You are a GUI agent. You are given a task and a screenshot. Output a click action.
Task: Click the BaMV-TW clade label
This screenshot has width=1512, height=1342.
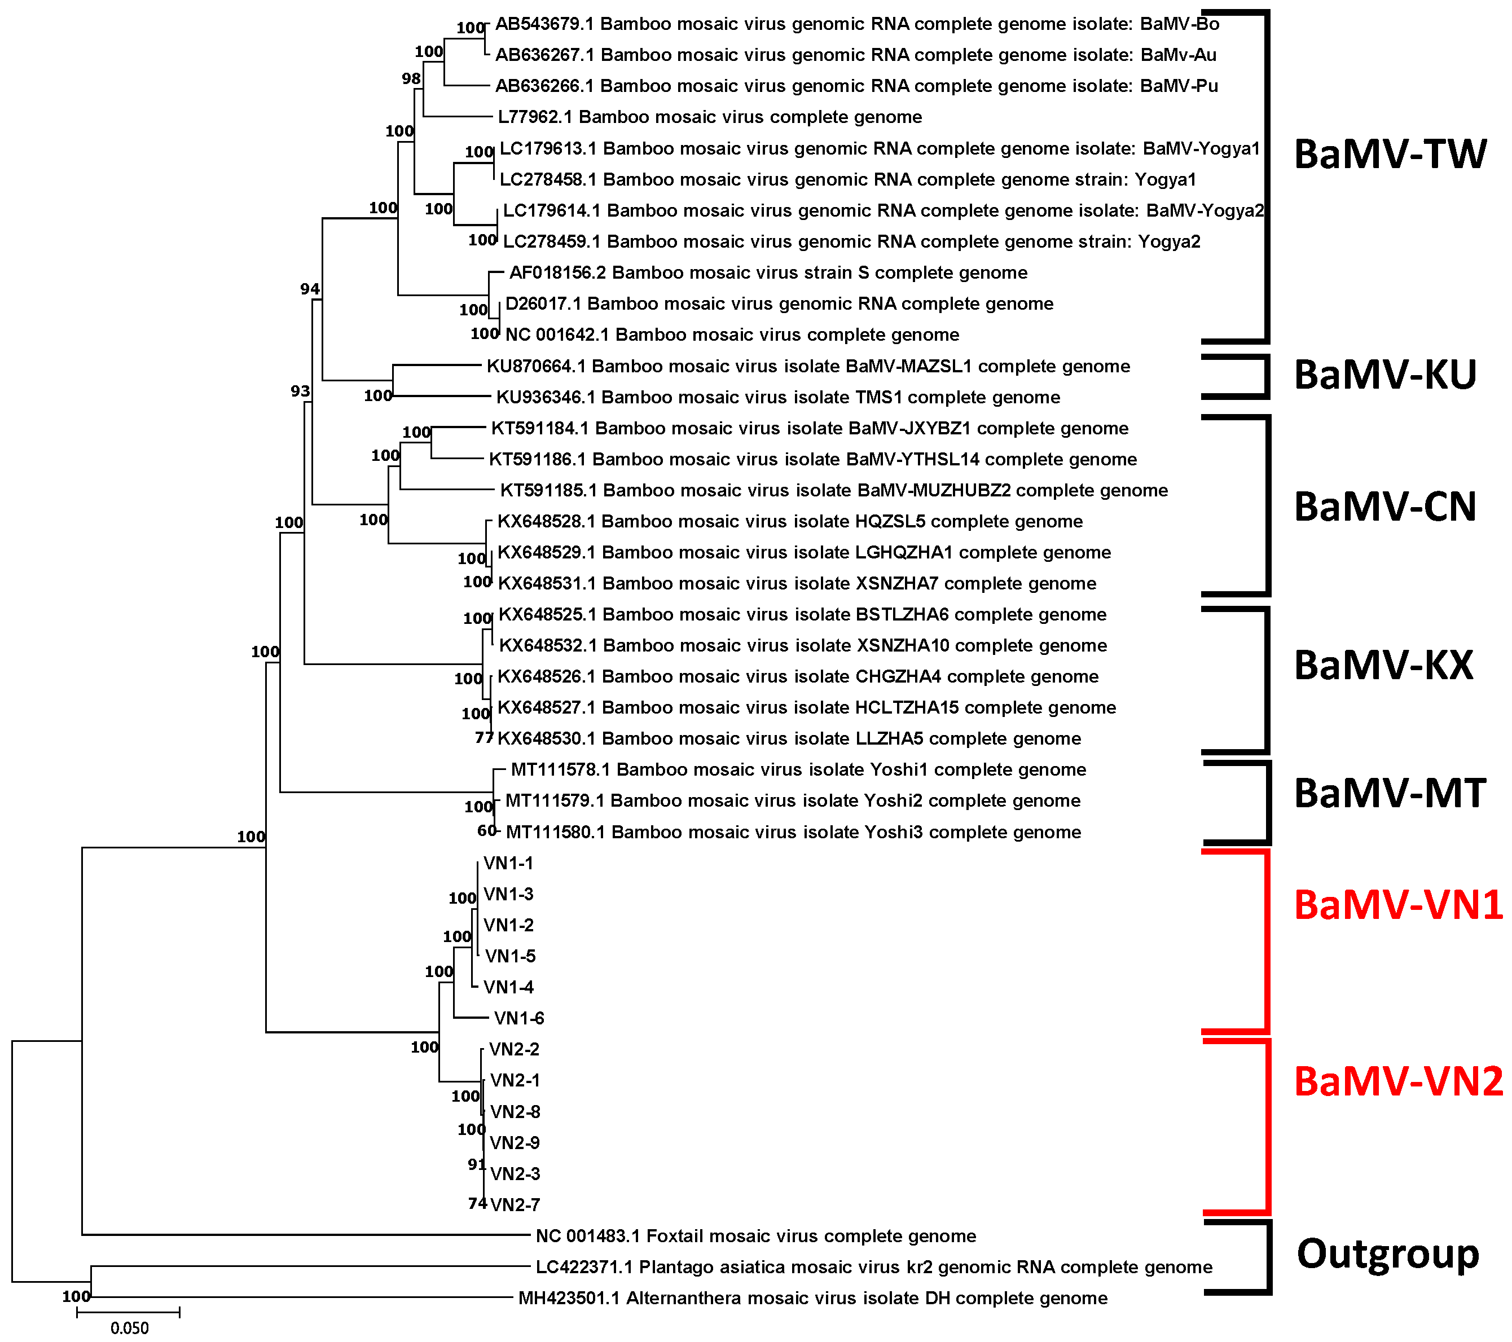[x=1389, y=155]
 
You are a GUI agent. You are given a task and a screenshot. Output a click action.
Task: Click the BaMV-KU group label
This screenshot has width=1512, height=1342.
[x=1384, y=375]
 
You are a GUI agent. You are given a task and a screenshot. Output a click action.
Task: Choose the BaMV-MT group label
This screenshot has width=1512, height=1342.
[x=1389, y=793]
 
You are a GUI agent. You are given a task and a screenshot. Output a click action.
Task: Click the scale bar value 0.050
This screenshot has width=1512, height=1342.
[x=129, y=1328]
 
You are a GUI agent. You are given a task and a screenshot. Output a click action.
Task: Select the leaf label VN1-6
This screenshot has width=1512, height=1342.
[x=518, y=1018]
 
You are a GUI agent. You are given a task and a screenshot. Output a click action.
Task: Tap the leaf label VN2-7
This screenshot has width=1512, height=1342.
[x=515, y=1204]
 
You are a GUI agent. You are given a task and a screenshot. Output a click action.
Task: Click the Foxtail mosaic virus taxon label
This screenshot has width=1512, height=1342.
[x=755, y=1235]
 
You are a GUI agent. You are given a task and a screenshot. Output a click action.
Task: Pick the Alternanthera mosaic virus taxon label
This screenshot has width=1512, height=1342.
[x=812, y=1297]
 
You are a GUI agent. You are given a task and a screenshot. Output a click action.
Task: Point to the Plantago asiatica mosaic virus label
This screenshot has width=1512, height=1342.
[x=873, y=1266]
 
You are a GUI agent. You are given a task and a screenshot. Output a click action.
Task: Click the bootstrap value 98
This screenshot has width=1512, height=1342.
[x=411, y=78]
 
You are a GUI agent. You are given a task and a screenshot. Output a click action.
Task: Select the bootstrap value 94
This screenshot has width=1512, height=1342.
[x=310, y=288]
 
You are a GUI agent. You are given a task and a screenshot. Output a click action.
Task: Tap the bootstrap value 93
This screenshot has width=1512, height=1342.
[x=300, y=390]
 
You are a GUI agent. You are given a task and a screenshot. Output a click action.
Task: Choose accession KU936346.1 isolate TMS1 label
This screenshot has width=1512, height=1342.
[x=777, y=397]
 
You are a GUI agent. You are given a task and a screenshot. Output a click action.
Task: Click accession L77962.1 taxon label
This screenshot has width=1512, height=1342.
[x=709, y=117]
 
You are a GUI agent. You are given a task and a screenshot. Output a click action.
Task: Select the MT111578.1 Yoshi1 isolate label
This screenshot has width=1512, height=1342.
[x=798, y=769]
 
